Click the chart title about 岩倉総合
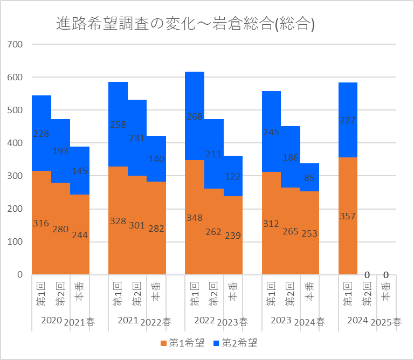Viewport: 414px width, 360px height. [185, 24]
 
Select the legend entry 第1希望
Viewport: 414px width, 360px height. [182, 343]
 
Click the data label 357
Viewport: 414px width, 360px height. [348, 217]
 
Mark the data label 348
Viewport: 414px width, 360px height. [195, 218]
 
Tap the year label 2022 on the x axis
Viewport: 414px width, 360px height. [204, 321]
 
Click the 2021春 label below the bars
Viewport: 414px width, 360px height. [79, 322]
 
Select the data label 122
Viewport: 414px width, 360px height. [233, 176]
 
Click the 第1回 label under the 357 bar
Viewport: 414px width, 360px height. [348, 294]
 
